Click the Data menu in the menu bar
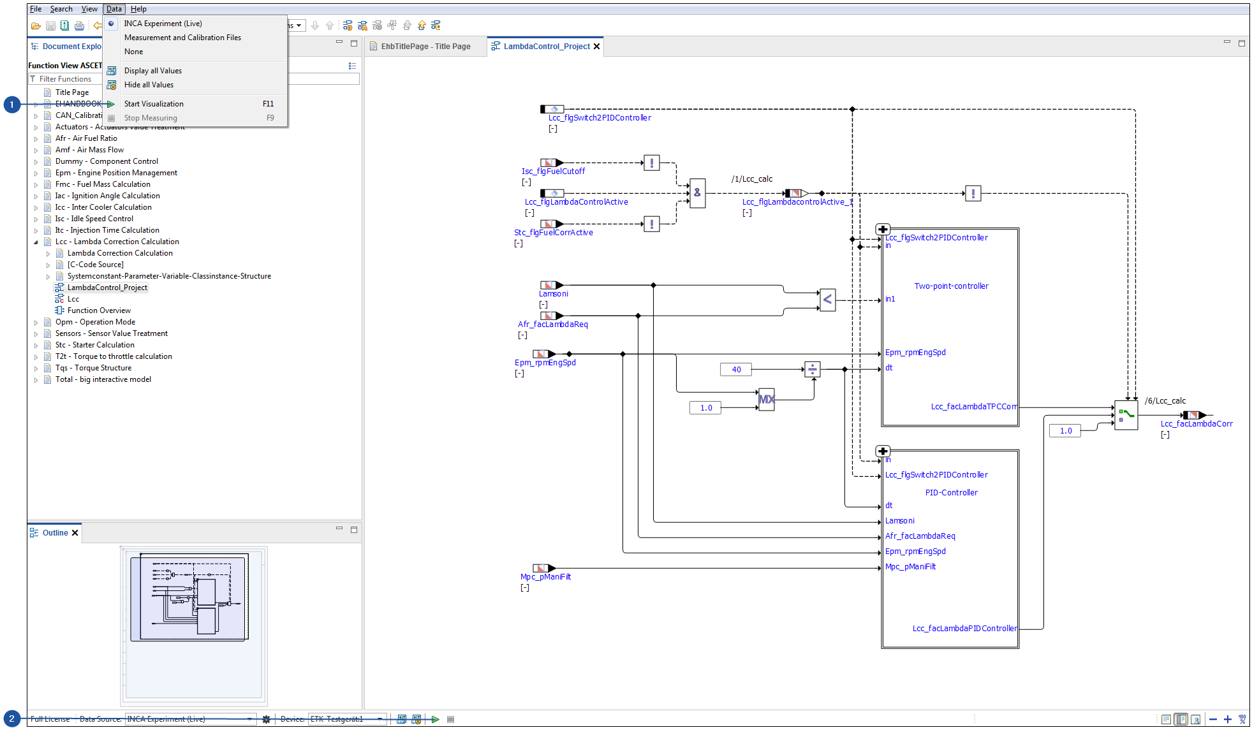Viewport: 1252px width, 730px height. pyautogui.click(x=114, y=9)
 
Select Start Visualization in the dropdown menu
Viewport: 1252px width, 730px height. pyautogui.click(x=154, y=104)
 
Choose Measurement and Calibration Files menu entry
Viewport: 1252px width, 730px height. pyautogui.click(x=182, y=38)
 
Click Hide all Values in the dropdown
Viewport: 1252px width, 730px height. pyautogui.click(x=149, y=85)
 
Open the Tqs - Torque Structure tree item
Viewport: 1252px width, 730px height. pyautogui.click(x=93, y=368)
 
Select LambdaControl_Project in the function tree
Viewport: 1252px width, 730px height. pyautogui.click(x=107, y=288)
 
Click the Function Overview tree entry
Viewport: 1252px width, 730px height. pyautogui.click(x=99, y=310)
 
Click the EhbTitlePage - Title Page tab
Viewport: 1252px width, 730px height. pyautogui.click(x=425, y=47)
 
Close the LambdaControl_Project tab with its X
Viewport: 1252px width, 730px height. pyautogui.click(x=597, y=47)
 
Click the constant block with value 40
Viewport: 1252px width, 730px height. pyautogui.click(x=736, y=370)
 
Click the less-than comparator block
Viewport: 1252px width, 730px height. pyautogui.click(x=827, y=299)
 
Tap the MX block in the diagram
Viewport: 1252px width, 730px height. pyautogui.click(x=766, y=400)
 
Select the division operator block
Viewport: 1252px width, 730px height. pyautogui.click(x=812, y=369)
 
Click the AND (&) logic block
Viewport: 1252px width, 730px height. pyautogui.click(x=697, y=193)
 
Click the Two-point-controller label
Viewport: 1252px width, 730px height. pyautogui.click(x=951, y=286)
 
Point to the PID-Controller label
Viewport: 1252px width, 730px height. pyautogui.click(x=951, y=493)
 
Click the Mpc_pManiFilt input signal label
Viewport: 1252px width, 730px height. pyautogui.click(x=545, y=577)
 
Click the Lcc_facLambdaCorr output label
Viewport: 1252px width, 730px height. pyautogui.click(x=1196, y=424)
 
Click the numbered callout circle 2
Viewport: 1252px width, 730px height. pyautogui.click(x=11, y=719)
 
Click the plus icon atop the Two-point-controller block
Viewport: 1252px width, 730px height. pyautogui.click(x=883, y=230)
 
